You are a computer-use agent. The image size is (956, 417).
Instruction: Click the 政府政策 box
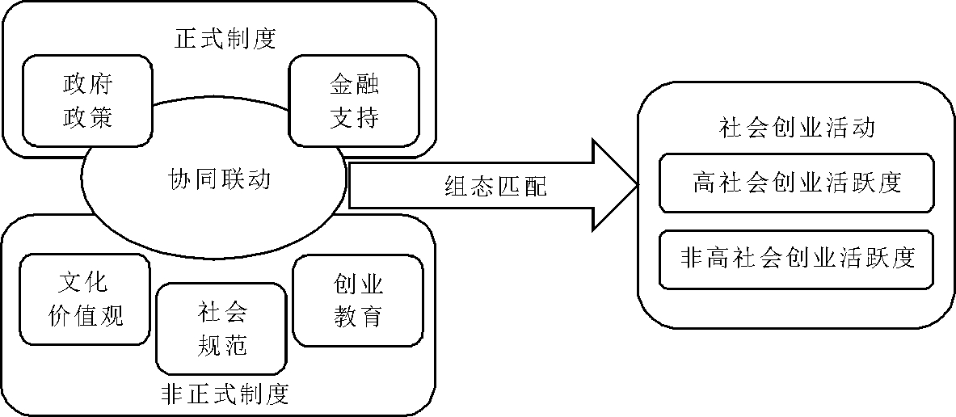pyautogui.click(x=86, y=101)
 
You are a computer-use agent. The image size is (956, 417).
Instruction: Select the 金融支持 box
pyautogui.click(x=354, y=101)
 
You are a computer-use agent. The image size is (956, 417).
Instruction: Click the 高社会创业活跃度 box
pyautogui.click(x=796, y=183)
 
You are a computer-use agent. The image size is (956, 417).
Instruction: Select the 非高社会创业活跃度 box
pyautogui.click(x=796, y=259)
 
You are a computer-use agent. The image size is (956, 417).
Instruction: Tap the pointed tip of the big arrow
pyautogui.click(x=638, y=185)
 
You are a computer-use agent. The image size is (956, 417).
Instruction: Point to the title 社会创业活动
pyautogui.click(x=796, y=128)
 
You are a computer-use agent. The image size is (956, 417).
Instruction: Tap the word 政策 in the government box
pyautogui.click(x=86, y=118)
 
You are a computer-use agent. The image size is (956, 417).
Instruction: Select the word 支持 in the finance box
pyautogui.click(x=354, y=118)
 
